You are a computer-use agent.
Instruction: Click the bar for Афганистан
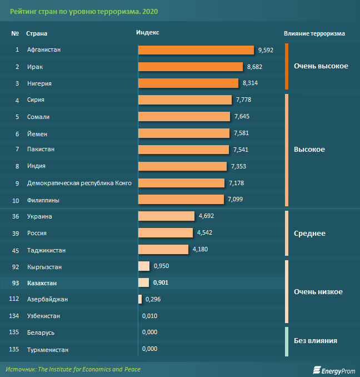196,50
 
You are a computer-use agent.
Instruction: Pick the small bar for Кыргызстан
143,266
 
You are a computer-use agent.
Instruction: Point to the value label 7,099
234,199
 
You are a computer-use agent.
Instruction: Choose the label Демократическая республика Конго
79,183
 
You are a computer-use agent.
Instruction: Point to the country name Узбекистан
44,316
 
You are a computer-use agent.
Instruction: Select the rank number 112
15,300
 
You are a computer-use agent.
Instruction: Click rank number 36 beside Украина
16,216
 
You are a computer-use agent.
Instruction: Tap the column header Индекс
147,33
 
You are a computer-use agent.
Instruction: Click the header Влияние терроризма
314,33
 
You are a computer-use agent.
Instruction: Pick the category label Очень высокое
321,66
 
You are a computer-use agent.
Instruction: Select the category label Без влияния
316,340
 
